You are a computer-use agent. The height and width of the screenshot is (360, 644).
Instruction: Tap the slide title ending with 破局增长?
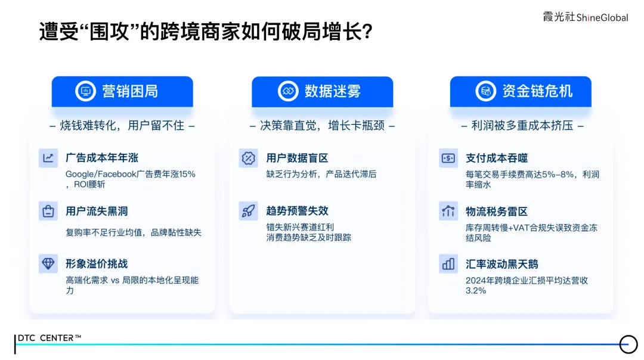pos(206,31)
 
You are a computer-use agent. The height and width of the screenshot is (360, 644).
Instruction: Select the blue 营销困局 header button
pos(122,92)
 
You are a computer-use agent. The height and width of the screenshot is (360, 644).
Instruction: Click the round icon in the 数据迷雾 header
pos(288,91)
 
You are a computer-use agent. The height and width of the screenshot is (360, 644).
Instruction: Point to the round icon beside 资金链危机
pos(486,91)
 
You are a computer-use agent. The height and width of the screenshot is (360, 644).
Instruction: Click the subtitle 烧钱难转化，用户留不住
pos(122,126)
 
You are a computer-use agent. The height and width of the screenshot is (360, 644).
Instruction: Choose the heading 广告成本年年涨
pos(102,157)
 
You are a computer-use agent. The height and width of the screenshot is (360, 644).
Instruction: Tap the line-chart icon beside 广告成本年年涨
pos(48,158)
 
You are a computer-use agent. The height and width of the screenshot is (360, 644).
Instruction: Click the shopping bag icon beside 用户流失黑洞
pos(48,211)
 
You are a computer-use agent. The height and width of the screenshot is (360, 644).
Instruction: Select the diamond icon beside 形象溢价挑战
pos(48,263)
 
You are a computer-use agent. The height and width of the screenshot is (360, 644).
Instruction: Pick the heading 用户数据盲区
pos(298,158)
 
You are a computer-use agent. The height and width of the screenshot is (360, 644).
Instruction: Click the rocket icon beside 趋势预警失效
pos(249,211)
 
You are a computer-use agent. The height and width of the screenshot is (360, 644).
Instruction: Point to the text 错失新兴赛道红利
pos(300,228)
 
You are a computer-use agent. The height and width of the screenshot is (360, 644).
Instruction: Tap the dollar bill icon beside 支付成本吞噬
pos(448,158)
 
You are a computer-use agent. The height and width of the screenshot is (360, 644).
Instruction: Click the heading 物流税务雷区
pos(497,212)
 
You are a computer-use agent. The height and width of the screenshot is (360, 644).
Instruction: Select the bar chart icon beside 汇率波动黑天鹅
pos(448,263)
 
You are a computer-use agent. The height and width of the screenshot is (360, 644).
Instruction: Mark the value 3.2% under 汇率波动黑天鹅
pos(476,291)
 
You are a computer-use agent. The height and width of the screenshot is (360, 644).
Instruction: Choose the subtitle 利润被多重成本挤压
pos(522,126)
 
